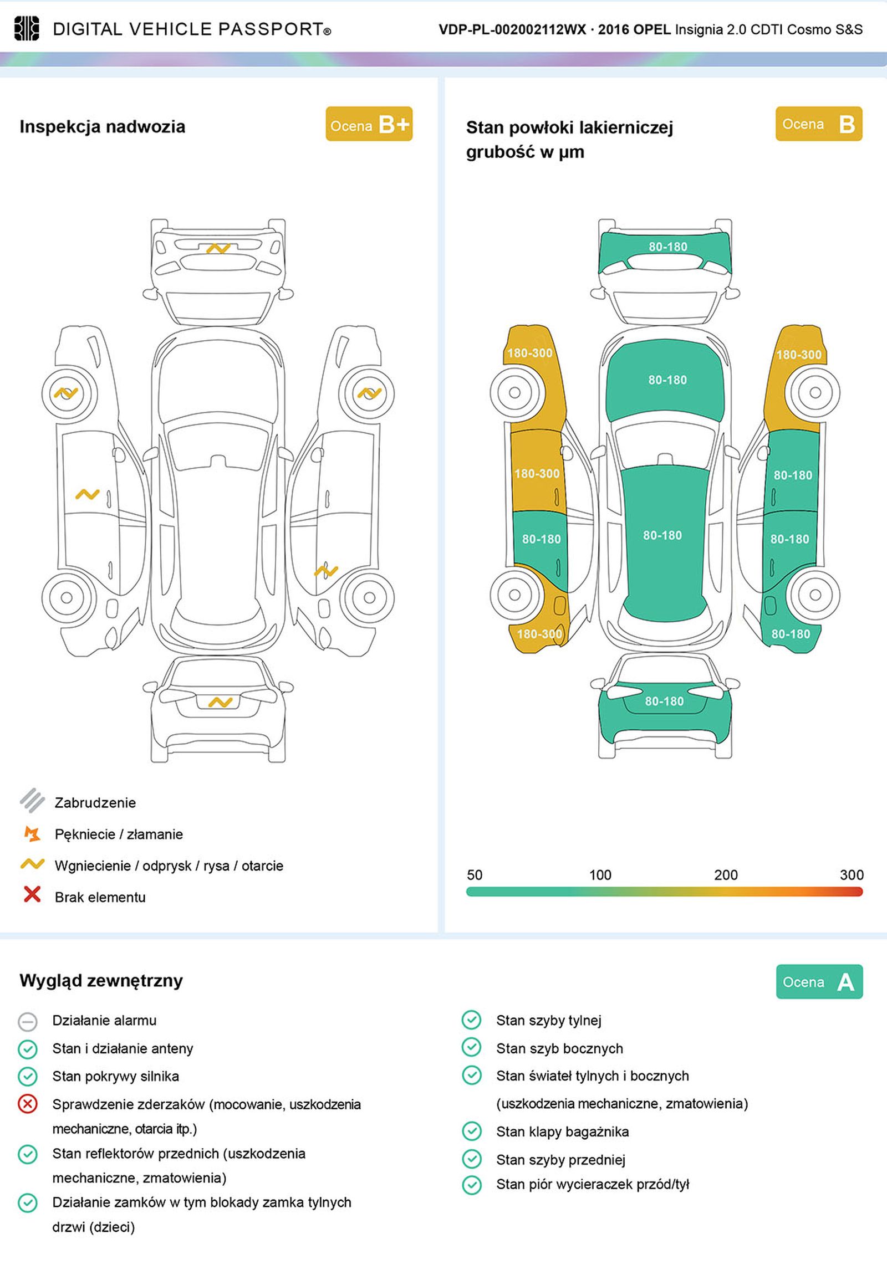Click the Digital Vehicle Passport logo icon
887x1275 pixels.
(26, 28)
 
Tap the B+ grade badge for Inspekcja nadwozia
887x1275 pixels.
(369, 124)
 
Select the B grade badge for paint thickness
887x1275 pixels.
(818, 124)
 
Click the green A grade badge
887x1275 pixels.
(819, 982)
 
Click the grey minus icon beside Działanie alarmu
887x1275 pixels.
(27, 1021)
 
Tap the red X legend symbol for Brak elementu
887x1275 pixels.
(32, 895)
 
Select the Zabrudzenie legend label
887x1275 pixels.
(95, 802)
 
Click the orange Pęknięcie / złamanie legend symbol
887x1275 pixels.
(32, 833)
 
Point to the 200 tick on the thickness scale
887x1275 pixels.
(725, 875)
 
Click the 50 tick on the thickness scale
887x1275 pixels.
(475, 875)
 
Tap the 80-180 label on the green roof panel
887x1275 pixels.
(662, 535)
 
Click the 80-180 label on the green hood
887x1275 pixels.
(667, 380)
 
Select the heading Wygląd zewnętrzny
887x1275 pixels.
(101, 981)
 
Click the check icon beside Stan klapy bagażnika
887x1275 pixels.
(472, 1131)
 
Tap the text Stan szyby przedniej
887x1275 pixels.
(560, 1160)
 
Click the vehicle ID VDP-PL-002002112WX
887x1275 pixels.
(512, 29)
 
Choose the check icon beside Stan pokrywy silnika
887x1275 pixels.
(27, 1077)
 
